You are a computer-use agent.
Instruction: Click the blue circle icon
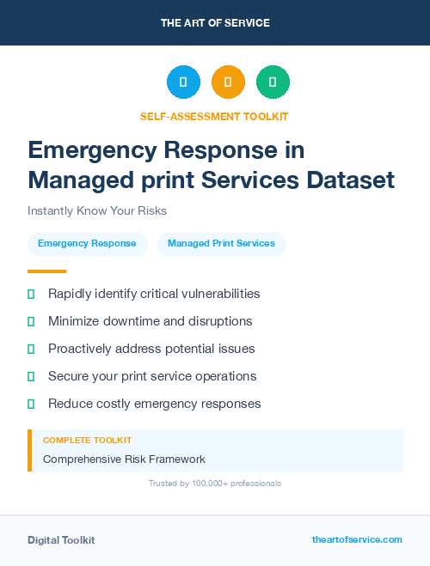pos(183,82)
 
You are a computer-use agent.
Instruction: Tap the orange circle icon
pos(228,82)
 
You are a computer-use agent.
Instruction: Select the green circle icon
pos(273,82)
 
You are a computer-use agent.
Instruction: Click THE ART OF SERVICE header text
pos(215,23)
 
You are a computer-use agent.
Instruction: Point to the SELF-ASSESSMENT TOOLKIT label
pos(215,116)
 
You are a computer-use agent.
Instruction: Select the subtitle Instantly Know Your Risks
pos(96,210)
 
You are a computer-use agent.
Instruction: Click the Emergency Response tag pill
pos(87,244)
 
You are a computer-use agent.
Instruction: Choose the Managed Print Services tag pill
pos(221,244)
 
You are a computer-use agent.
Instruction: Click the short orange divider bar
pos(46,271)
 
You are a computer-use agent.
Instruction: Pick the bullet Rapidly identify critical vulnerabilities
pos(153,294)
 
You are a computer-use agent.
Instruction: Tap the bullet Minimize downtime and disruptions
pos(150,321)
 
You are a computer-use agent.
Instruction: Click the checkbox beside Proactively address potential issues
pos(31,349)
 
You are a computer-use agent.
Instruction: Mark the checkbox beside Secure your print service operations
pos(31,376)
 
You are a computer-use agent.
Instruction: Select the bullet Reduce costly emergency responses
pos(154,404)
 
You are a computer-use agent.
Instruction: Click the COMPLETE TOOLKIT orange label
pos(87,440)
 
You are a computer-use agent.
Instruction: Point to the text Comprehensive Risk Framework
pos(124,459)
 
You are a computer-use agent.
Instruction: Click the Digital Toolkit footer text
pos(61,540)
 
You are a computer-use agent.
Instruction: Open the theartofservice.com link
pos(357,539)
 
